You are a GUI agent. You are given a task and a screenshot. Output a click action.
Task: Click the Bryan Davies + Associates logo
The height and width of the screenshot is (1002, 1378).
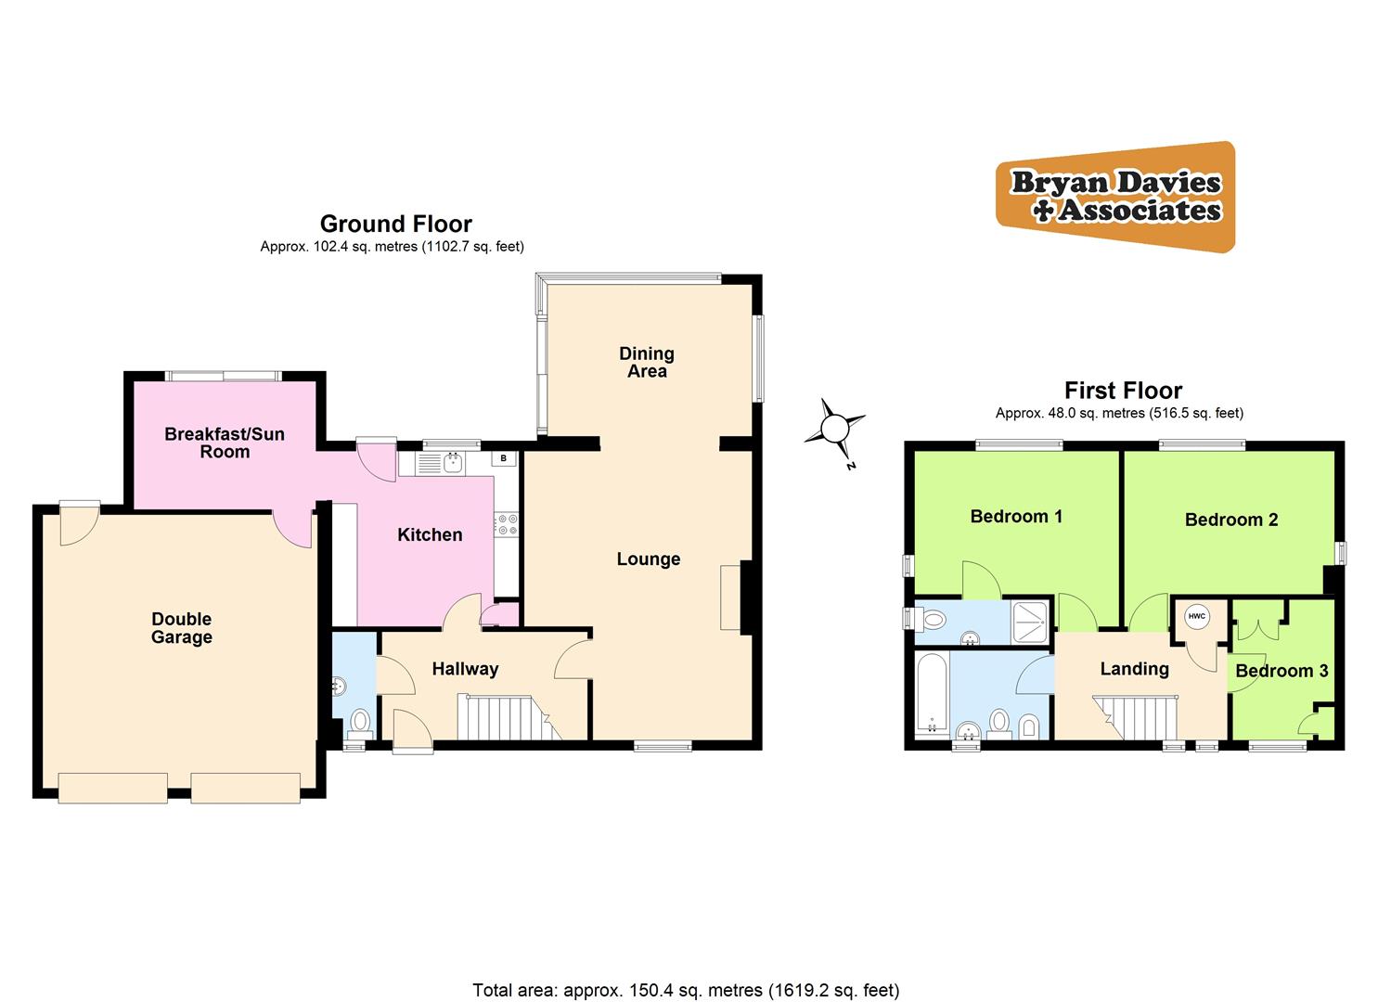tap(1115, 196)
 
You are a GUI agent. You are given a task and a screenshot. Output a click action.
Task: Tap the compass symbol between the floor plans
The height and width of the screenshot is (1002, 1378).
tap(835, 429)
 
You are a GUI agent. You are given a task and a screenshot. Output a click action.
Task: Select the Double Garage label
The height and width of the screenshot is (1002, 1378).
tap(182, 628)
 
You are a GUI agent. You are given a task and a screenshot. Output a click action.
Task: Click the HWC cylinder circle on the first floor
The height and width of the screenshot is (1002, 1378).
tap(1197, 616)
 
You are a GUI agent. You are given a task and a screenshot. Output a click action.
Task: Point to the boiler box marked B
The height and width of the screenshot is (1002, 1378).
tap(504, 458)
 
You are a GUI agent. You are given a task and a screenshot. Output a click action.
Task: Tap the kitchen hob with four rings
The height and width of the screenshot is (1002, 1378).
tap(506, 525)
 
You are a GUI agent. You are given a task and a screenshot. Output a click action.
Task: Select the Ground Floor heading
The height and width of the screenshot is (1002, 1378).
tap(395, 224)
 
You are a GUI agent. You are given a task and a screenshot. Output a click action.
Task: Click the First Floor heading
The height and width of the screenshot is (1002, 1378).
tap(1123, 391)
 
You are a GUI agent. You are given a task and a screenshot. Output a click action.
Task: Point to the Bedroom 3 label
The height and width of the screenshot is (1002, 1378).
tap(1281, 671)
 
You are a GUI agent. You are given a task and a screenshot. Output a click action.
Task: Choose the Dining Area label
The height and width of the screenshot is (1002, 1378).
tap(647, 362)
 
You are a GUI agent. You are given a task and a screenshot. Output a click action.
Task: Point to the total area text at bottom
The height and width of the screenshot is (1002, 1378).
tap(686, 990)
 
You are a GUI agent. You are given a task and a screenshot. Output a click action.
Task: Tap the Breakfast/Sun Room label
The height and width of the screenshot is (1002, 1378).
tap(225, 443)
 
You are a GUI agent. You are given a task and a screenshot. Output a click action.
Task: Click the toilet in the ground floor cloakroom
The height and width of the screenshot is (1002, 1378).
tap(360, 721)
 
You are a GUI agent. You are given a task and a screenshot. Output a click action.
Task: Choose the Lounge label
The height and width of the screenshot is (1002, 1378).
tap(649, 559)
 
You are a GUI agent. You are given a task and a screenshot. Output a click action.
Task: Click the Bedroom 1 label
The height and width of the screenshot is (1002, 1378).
tap(1016, 516)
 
